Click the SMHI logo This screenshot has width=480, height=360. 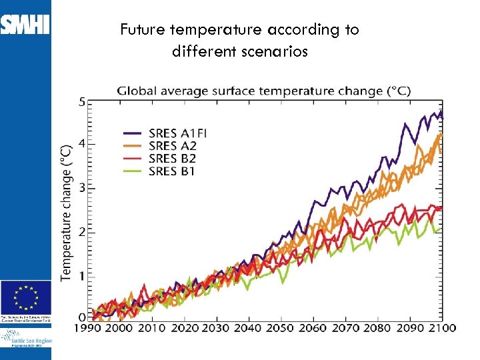[x=25, y=25]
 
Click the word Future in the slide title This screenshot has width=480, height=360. [x=142, y=30]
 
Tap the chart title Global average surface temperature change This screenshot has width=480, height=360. [x=264, y=91]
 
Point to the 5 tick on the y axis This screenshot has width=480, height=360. [x=81, y=102]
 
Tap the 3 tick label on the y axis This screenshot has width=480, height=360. [x=81, y=188]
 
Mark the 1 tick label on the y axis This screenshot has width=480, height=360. [x=81, y=277]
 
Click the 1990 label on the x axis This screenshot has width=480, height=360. [x=88, y=328]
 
